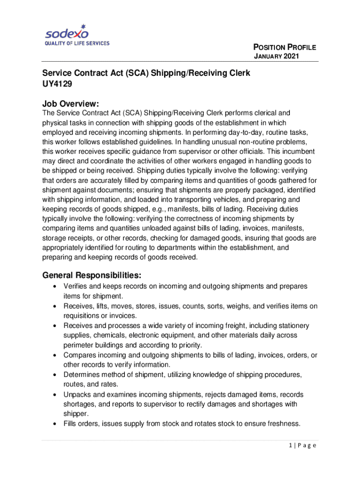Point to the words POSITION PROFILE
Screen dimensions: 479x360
point(285,47)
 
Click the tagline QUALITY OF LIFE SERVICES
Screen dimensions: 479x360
point(77,44)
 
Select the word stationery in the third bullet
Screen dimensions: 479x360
point(292,326)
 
